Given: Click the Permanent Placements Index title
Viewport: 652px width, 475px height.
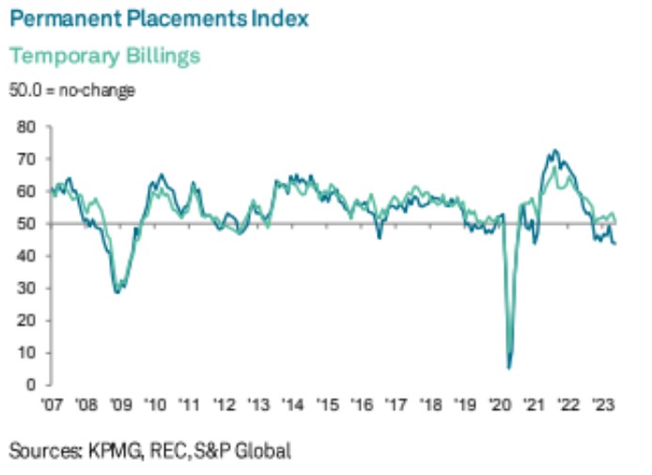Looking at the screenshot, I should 159,19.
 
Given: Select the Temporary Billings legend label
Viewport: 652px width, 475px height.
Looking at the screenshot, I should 104,55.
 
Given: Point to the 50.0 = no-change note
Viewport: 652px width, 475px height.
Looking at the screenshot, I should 72,91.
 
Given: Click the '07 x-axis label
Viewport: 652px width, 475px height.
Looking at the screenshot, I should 51,406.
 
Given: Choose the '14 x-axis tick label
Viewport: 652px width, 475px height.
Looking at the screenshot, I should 293,406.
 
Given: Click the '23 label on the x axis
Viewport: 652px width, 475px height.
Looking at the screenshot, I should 602,406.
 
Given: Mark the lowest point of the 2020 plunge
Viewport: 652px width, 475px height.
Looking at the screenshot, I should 508,367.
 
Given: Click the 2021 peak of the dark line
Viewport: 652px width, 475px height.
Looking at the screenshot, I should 555,150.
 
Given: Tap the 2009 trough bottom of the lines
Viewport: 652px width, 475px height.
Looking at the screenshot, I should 116,292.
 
